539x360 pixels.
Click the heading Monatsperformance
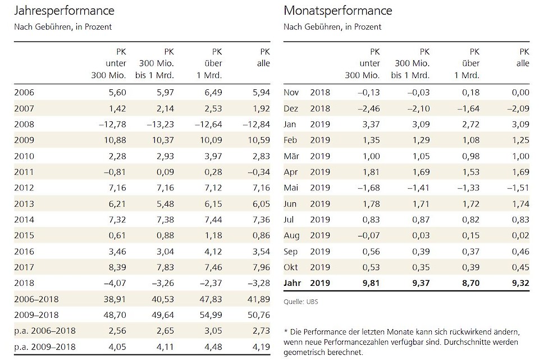click(x=338, y=11)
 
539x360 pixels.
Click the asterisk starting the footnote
click(x=286, y=332)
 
